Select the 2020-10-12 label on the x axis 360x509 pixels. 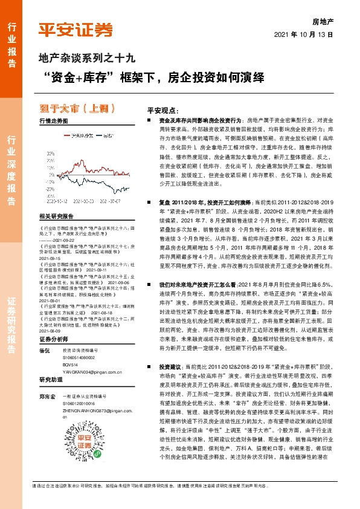59,197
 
